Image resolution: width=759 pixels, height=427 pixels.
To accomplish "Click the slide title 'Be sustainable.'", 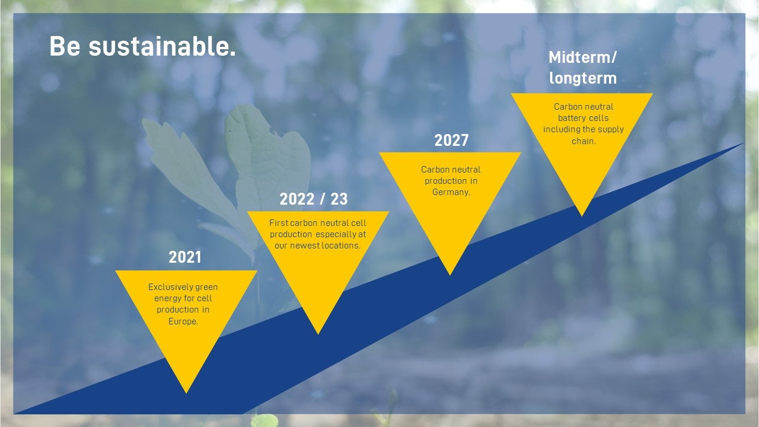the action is pos(142,46).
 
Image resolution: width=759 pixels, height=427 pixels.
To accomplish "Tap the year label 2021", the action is pos(185,257).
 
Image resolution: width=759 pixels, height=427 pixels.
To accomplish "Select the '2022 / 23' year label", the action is pos(314,199).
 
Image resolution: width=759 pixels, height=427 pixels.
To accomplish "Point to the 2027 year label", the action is pos(451,141).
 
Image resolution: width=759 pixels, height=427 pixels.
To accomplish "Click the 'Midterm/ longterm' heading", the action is pos(583,68).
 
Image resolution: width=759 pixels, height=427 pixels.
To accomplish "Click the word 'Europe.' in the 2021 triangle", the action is pos(183,321).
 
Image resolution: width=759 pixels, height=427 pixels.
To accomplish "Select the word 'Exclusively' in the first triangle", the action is pos(165,288).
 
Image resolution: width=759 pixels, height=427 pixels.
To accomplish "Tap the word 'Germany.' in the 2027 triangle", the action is pos(451,192).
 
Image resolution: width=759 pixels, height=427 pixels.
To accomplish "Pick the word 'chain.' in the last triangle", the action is pos(583,141).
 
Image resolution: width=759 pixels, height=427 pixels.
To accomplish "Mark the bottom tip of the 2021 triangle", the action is pos(186,393).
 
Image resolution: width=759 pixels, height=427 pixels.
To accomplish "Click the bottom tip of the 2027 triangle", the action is pos(450,275).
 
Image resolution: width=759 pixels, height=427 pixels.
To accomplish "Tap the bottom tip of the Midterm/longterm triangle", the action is pos(582,216).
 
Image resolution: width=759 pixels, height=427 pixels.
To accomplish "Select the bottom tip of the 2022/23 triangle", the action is pos(318,334).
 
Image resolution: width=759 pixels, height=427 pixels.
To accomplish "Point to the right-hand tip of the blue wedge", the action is pos(744,144).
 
